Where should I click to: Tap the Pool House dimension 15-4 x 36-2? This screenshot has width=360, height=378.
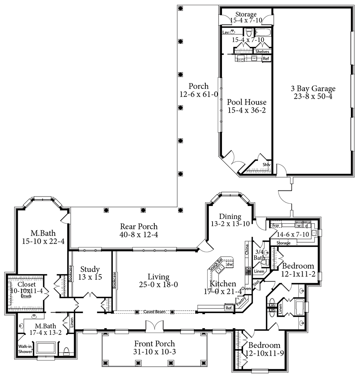pyautogui.click(x=246, y=110)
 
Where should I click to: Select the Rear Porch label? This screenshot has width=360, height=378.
pyautogui.click(x=139, y=226)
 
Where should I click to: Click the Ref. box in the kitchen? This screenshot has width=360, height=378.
pyautogui.click(x=229, y=308)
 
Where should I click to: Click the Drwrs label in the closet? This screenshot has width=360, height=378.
pyautogui.click(x=26, y=296)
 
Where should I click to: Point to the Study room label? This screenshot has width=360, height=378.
pyautogui.click(x=90, y=269)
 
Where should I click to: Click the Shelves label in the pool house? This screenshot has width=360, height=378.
pyautogui.click(x=262, y=51)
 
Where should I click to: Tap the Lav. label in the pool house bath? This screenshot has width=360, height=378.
pyautogui.click(x=226, y=33)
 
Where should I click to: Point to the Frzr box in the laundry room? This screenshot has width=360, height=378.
pyautogui.click(x=275, y=225)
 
